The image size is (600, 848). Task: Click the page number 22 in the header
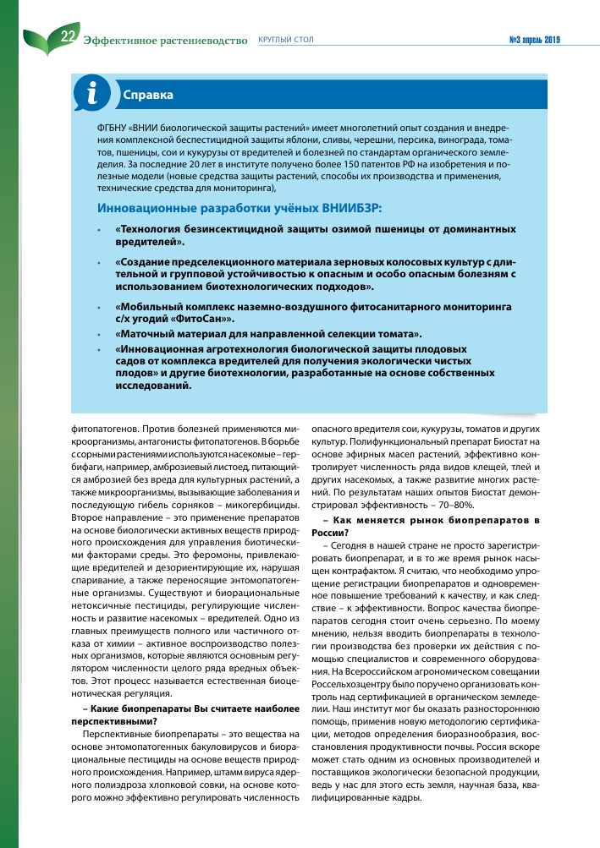[x=69, y=36]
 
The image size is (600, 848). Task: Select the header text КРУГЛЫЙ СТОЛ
[x=285, y=40]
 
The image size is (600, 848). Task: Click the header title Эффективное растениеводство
[x=166, y=40]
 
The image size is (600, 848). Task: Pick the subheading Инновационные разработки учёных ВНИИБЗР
[x=239, y=207]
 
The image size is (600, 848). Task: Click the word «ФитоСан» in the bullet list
[x=204, y=319]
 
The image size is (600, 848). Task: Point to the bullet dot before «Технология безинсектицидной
[x=98, y=229]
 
